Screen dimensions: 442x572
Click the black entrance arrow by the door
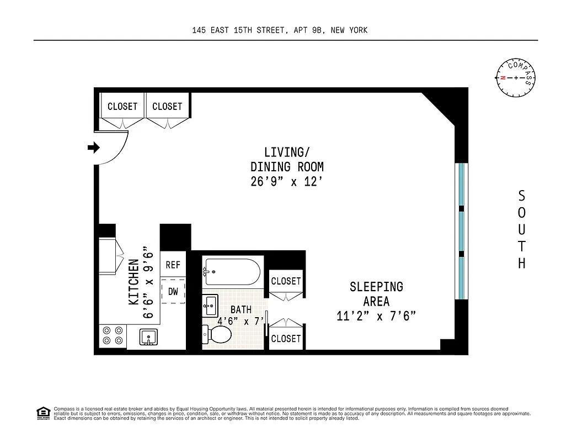click(x=93, y=148)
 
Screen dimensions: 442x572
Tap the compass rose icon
click(x=516, y=78)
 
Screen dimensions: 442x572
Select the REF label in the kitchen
click(x=173, y=265)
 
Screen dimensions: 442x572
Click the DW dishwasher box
click(x=173, y=292)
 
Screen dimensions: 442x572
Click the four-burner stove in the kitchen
click(x=113, y=336)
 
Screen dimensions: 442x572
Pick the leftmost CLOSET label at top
click(x=122, y=106)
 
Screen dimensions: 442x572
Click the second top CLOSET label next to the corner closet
click(x=167, y=106)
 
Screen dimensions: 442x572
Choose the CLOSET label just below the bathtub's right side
click(x=286, y=281)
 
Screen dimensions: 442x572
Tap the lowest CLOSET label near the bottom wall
click(x=286, y=338)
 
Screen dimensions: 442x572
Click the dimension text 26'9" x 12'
click(x=286, y=181)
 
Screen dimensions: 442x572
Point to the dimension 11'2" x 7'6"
click(x=376, y=316)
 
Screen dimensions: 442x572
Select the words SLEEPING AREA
click(x=376, y=294)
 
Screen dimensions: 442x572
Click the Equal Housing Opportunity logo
click(x=42, y=412)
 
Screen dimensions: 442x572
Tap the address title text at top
click(x=280, y=30)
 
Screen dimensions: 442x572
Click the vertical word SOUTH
click(x=521, y=229)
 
